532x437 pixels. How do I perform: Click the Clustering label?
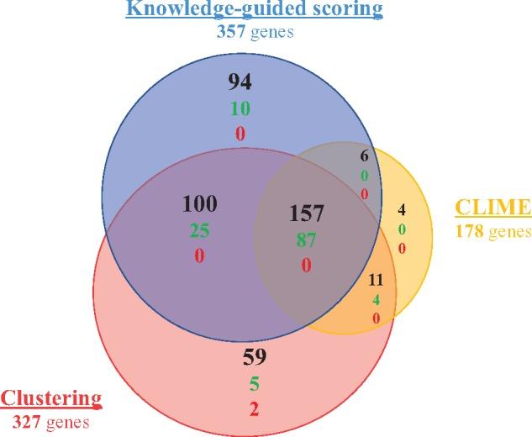[52, 398]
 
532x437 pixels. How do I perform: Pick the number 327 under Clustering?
[27, 418]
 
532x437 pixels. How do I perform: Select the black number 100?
[199, 203]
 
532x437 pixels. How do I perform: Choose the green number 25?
[199, 229]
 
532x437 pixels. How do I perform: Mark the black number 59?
[255, 358]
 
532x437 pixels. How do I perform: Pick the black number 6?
[363, 156]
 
